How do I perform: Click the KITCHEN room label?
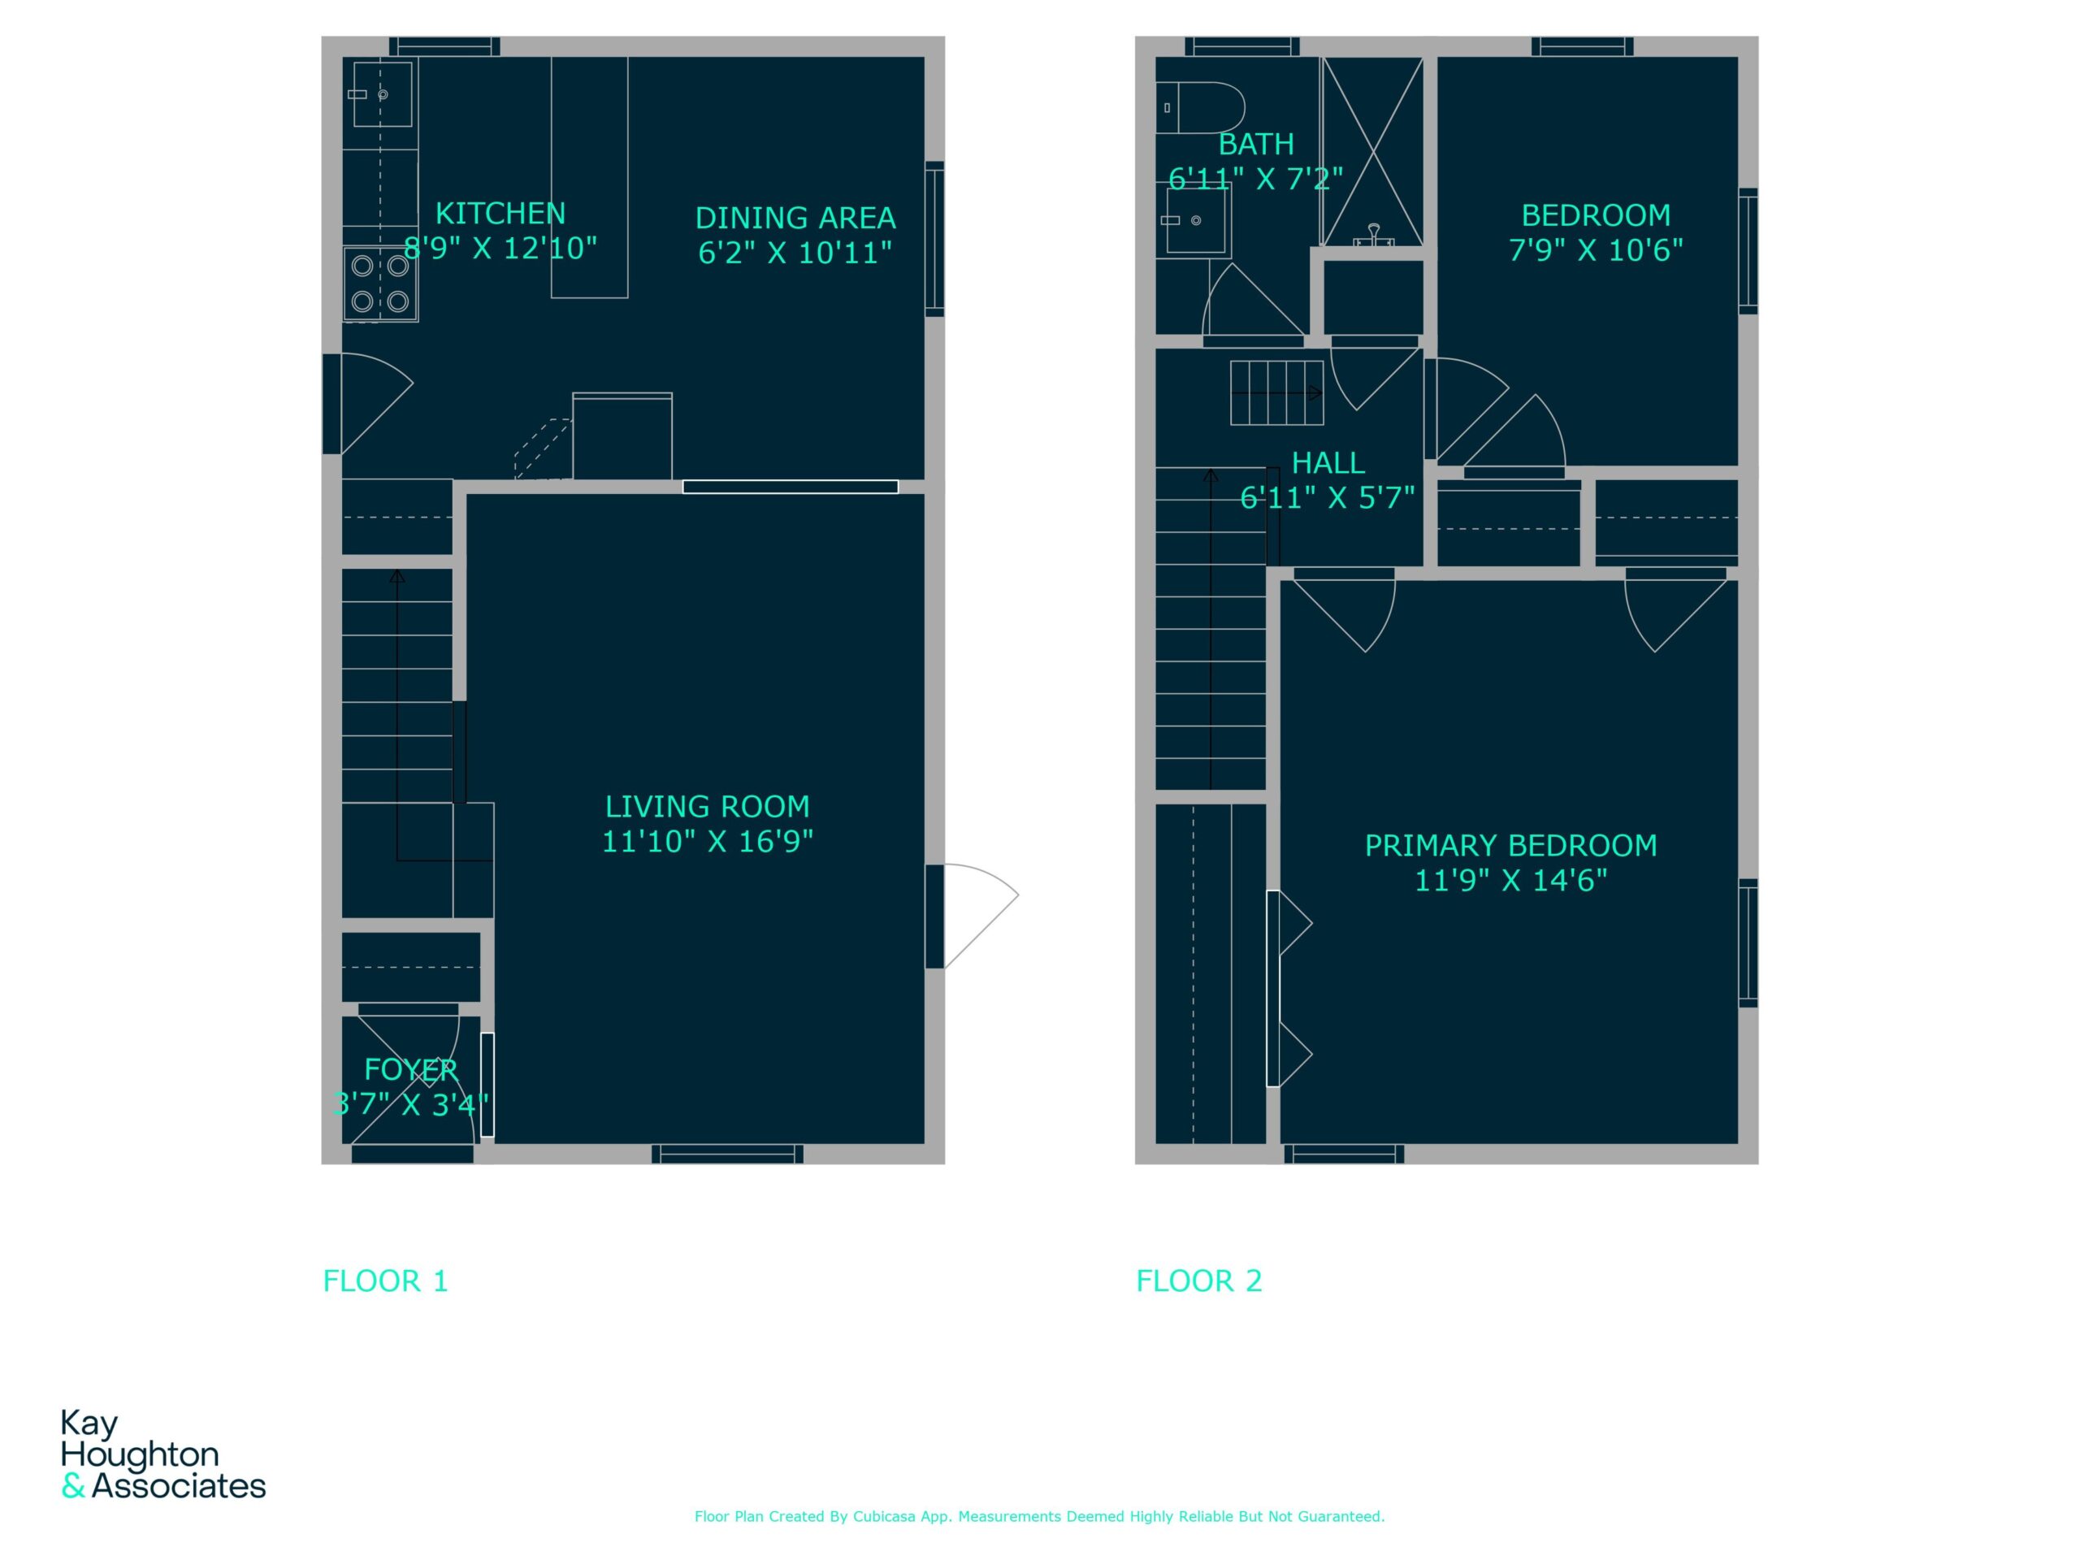click(x=500, y=214)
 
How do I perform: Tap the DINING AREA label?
click(x=795, y=218)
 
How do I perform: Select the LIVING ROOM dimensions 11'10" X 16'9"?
click(x=707, y=841)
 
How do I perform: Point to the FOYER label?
click(x=411, y=1069)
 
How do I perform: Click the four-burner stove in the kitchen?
click(x=380, y=284)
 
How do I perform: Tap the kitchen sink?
click(x=382, y=94)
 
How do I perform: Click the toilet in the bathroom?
click(x=1200, y=107)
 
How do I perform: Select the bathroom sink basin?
click(x=1196, y=221)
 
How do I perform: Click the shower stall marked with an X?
click(x=1373, y=152)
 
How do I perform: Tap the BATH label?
click(x=1256, y=145)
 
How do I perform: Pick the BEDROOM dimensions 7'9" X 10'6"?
click(x=1596, y=250)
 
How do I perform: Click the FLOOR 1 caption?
click(x=386, y=1280)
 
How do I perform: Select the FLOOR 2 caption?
click(x=1199, y=1280)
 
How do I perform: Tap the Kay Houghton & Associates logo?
click(x=162, y=1454)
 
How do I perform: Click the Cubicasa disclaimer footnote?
click(x=1039, y=1516)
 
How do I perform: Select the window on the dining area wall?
click(x=934, y=239)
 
